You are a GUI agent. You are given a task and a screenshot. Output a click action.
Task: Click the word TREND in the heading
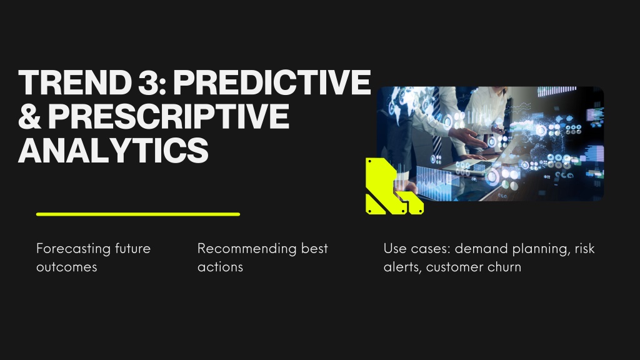click(x=72, y=82)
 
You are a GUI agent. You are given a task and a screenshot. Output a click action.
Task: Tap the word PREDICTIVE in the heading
click(x=272, y=82)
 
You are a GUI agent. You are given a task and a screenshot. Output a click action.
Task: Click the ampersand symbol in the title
click(x=30, y=116)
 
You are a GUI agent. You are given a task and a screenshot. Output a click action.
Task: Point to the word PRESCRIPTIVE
click(x=169, y=116)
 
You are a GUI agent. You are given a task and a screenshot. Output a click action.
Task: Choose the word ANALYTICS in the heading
click(x=114, y=150)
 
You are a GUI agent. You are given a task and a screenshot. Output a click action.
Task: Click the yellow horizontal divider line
click(x=138, y=214)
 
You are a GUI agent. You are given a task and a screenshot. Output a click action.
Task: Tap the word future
click(x=132, y=249)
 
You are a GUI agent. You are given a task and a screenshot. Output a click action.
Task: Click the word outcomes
click(x=66, y=267)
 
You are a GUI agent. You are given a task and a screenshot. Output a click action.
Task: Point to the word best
click(x=314, y=249)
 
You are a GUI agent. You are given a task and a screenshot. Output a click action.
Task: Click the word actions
click(x=221, y=267)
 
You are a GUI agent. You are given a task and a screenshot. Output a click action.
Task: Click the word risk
click(x=585, y=249)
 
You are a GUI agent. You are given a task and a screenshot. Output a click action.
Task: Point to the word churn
click(x=504, y=267)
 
